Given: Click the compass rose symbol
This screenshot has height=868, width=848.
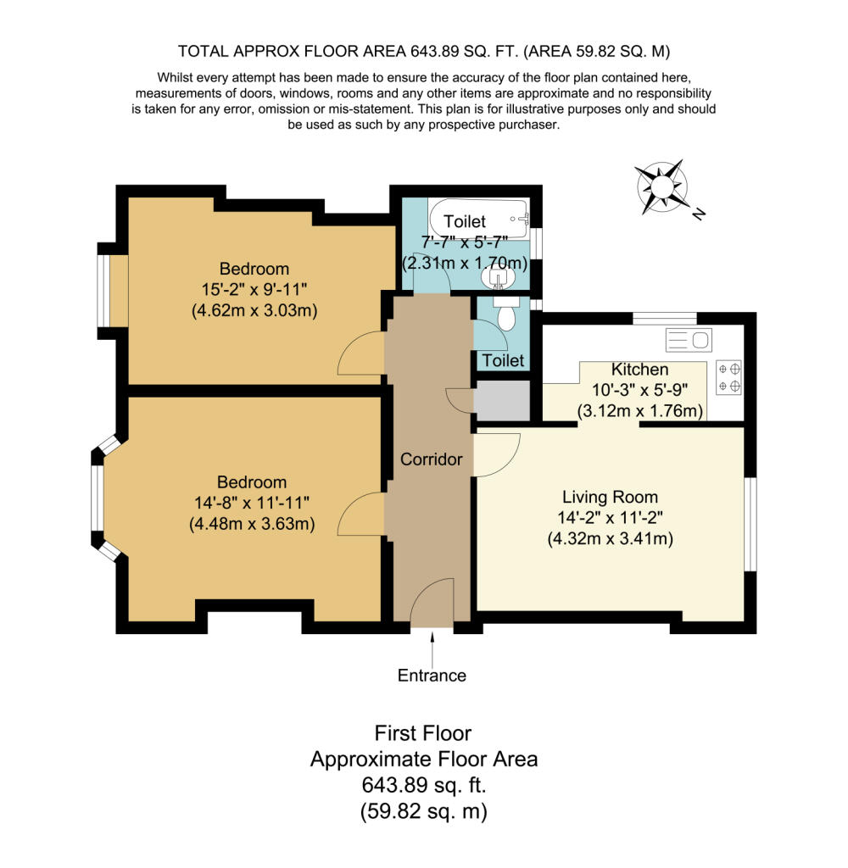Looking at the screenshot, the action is point(662,187).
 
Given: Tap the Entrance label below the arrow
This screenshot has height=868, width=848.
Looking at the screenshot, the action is point(432,676).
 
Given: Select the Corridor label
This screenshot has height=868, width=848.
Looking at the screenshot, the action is point(431,459).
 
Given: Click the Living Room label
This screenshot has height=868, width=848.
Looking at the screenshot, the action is point(611,497).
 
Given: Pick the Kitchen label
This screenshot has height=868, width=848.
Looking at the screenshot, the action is point(639,370).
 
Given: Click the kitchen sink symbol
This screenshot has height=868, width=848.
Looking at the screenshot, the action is point(689,340).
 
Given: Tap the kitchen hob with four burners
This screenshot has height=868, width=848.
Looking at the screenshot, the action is point(729,377).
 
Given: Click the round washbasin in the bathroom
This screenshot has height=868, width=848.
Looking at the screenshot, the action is point(498,277).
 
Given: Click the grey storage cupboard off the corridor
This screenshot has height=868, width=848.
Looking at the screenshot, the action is point(502,400).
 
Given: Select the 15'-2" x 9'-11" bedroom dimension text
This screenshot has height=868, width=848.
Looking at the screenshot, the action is point(254,289).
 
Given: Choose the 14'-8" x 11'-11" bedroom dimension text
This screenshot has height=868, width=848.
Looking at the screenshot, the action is point(252,503).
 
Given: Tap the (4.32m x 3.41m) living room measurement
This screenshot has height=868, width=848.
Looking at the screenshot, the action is point(611,538).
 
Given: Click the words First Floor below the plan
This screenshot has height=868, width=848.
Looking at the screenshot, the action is point(423,733).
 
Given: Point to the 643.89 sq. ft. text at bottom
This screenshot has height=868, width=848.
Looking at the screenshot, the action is point(424,784).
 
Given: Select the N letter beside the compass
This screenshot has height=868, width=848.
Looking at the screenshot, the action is point(700,213).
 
